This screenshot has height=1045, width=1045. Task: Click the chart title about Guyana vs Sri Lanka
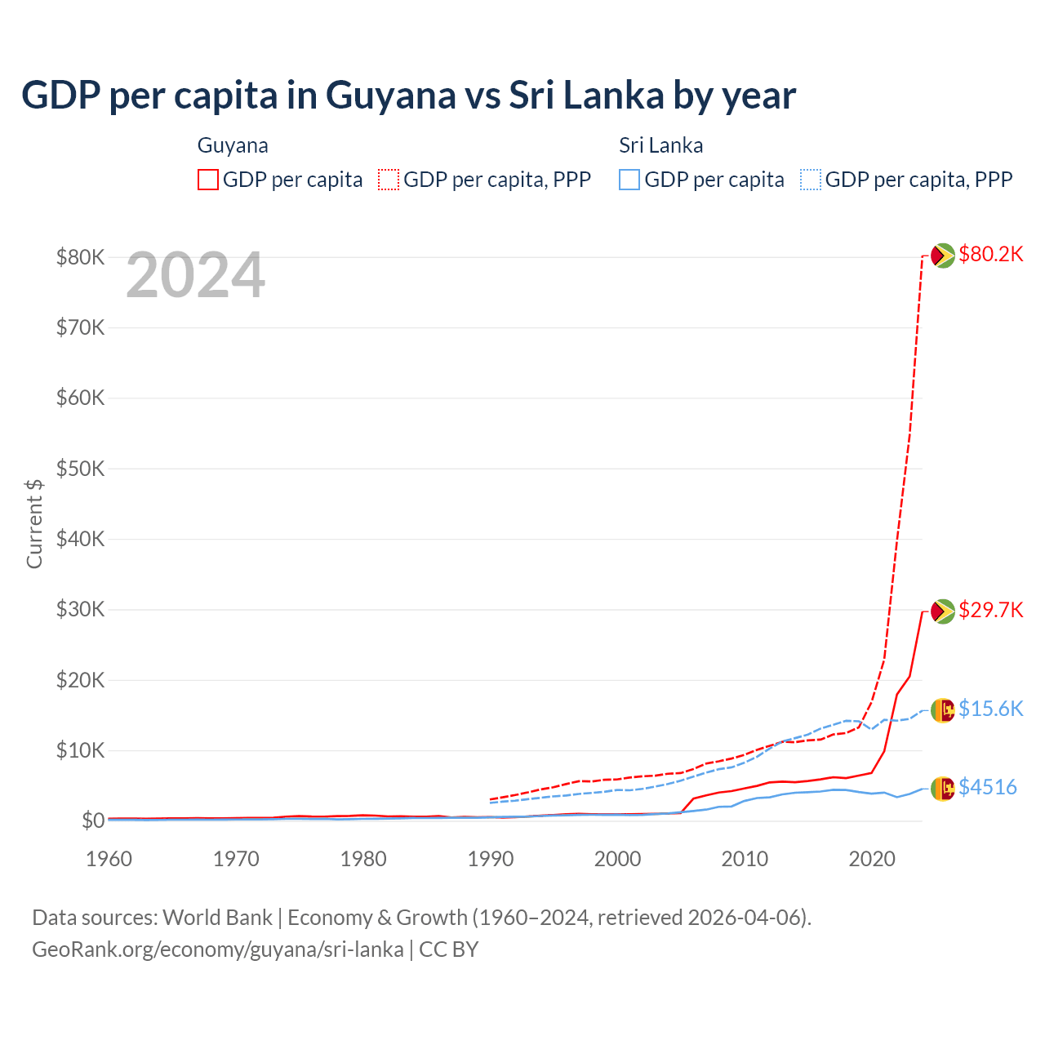pyautogui.click(x=408, y=96)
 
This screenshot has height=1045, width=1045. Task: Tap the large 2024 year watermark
pyautogui.click(x=195, y=276)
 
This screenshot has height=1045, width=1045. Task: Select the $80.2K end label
pyautogui.click(x=990, y=254)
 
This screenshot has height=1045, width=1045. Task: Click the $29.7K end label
pyautogui.click(x=990, y=610)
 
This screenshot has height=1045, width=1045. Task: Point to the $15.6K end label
pyautogui.click(x=990, y=709)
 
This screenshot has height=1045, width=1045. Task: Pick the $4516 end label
pyautogui.click(x=987, y=787)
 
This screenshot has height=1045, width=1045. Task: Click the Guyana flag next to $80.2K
pyautogui.click(x=943, y=256)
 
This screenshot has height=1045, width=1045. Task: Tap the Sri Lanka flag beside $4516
pyautogui.click(x=943, y=788)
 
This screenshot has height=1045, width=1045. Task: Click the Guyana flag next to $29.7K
pyautogui.click(x=943, y=611)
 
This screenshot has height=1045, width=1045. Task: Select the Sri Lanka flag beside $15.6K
pyautogui.click(x=943, y=710)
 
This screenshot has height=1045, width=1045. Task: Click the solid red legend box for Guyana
pyautogui.click(x=208, y=180)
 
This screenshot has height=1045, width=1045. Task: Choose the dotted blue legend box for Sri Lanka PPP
pyautogui.click(x=811, y=180)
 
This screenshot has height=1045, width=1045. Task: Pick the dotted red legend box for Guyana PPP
pyautogui.click(x=389, y=180)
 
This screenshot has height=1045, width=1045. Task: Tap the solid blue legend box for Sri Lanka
pyautogui.click(x=629, y=180)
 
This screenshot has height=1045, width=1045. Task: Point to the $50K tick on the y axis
pyautogui.click(x=80, y=469)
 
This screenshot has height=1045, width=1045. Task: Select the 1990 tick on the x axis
pyautogui.click(x=491, y=859)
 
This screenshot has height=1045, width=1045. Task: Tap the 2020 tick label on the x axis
pyautogui.click(x=872, y=859)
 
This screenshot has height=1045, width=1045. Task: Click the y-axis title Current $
pyautogui.click(x=34, y=523)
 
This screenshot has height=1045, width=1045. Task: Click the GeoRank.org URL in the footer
pyautogui.click(x=218, y=949)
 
